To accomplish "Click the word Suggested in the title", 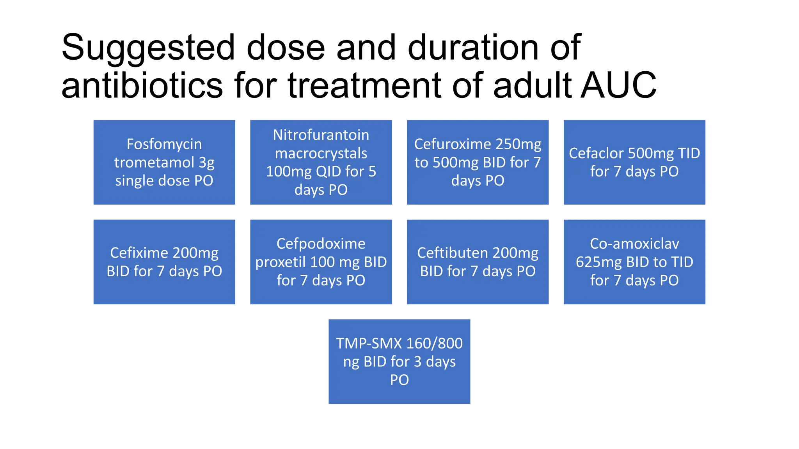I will point(148,48).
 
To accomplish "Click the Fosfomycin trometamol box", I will point(164,162).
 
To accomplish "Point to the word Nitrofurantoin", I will point(321,135).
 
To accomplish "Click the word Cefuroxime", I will point(449,144).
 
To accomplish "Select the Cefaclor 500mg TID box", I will point(634,162).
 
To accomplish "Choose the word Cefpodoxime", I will point(321,244).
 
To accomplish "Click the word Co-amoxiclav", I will point(634,244).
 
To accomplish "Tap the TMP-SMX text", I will point(369,343).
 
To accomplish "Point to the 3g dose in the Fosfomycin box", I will point(206,163).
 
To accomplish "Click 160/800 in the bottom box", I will point(434,343).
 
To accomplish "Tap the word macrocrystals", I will point(321,153).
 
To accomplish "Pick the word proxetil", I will point(280,262).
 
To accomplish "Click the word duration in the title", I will point(473,48).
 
